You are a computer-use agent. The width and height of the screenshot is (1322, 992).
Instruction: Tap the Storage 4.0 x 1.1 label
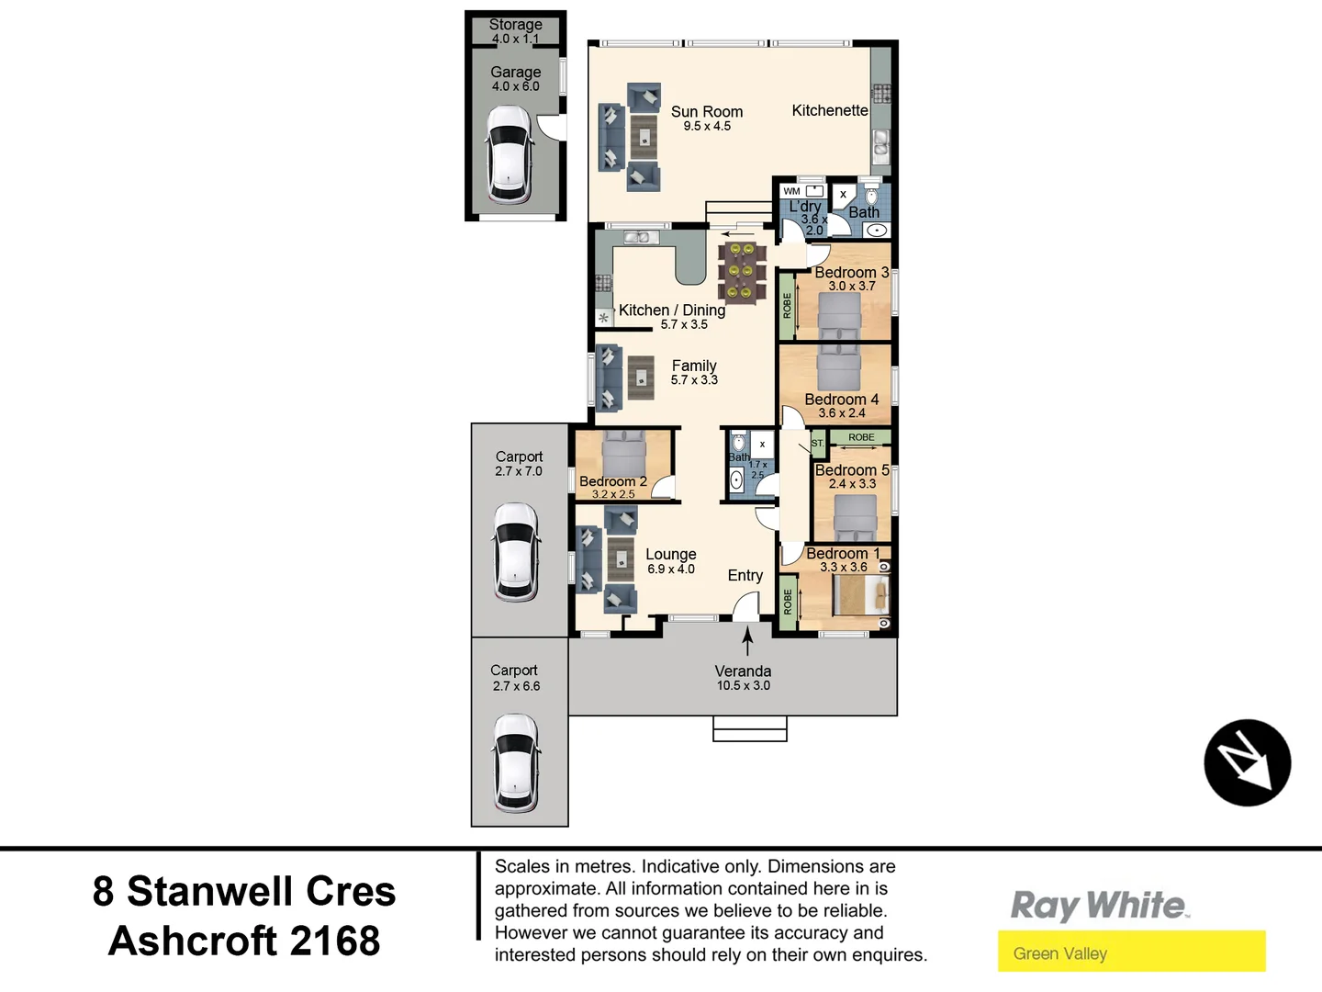coord(515,31)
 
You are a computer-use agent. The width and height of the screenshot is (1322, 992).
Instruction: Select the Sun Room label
coord(706,112)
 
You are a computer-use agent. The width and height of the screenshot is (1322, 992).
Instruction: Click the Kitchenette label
coord(830,110)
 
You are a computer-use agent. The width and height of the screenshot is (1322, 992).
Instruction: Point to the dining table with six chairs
coord(741,272)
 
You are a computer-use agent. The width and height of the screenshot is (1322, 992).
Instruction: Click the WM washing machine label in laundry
coord(791,191)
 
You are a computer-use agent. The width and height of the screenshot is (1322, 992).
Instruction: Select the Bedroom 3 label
coord(851,273)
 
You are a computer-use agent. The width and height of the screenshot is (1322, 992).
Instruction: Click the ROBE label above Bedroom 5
coord(861,437)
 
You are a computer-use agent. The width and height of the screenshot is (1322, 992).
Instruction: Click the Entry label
coord(745,576)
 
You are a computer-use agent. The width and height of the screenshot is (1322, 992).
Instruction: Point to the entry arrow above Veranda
coord(747,639)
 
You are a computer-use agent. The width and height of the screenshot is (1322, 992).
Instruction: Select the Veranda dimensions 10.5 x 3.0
coord(743,686)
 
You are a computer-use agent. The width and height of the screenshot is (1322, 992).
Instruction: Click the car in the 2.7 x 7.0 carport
coord(517,551)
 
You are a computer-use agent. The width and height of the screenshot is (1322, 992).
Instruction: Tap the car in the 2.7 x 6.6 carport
coord(515,762)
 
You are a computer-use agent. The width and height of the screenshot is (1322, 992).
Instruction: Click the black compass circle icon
coord(1247,762)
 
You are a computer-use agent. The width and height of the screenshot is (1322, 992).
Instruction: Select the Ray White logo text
coord(1098,906)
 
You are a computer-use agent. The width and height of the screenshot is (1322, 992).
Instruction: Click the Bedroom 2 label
coord(612,481)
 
